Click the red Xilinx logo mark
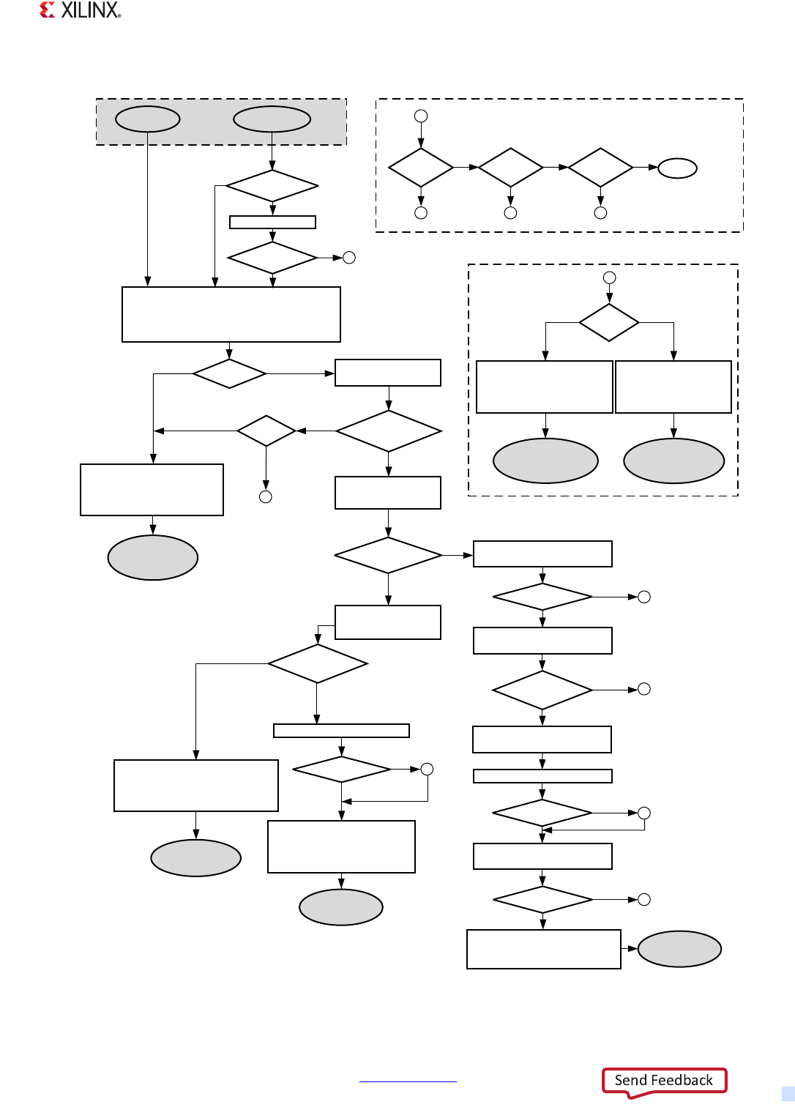click(x=48, y=10)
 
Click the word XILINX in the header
click(x=90, y=10)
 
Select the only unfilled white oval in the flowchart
click(x=677, y=168)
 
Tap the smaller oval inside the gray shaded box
click(x=148, y=119)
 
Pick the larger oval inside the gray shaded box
click(x=272, y=119)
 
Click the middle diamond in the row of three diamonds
click(x=511, y=168)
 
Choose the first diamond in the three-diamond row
click(x=421, y=168)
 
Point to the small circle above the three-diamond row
click(x=421, y=116)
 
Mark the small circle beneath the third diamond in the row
click(x=600, y=213)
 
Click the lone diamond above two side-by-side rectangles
click(x=609, y=322)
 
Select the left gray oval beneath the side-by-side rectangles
click(x=545, y=461)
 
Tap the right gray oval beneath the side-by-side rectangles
click(x=673, y=461)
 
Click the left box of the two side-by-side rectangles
click(x=544, y=387)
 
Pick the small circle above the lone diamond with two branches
click(x=609, y=277)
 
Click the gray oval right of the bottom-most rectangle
click(x=679, y=949)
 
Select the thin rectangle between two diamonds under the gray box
click(x=272, y=222)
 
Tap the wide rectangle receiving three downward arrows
click(x=231, y=314)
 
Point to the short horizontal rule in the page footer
click(x=408, y=1081)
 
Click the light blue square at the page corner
click(x=788, y=1093)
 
